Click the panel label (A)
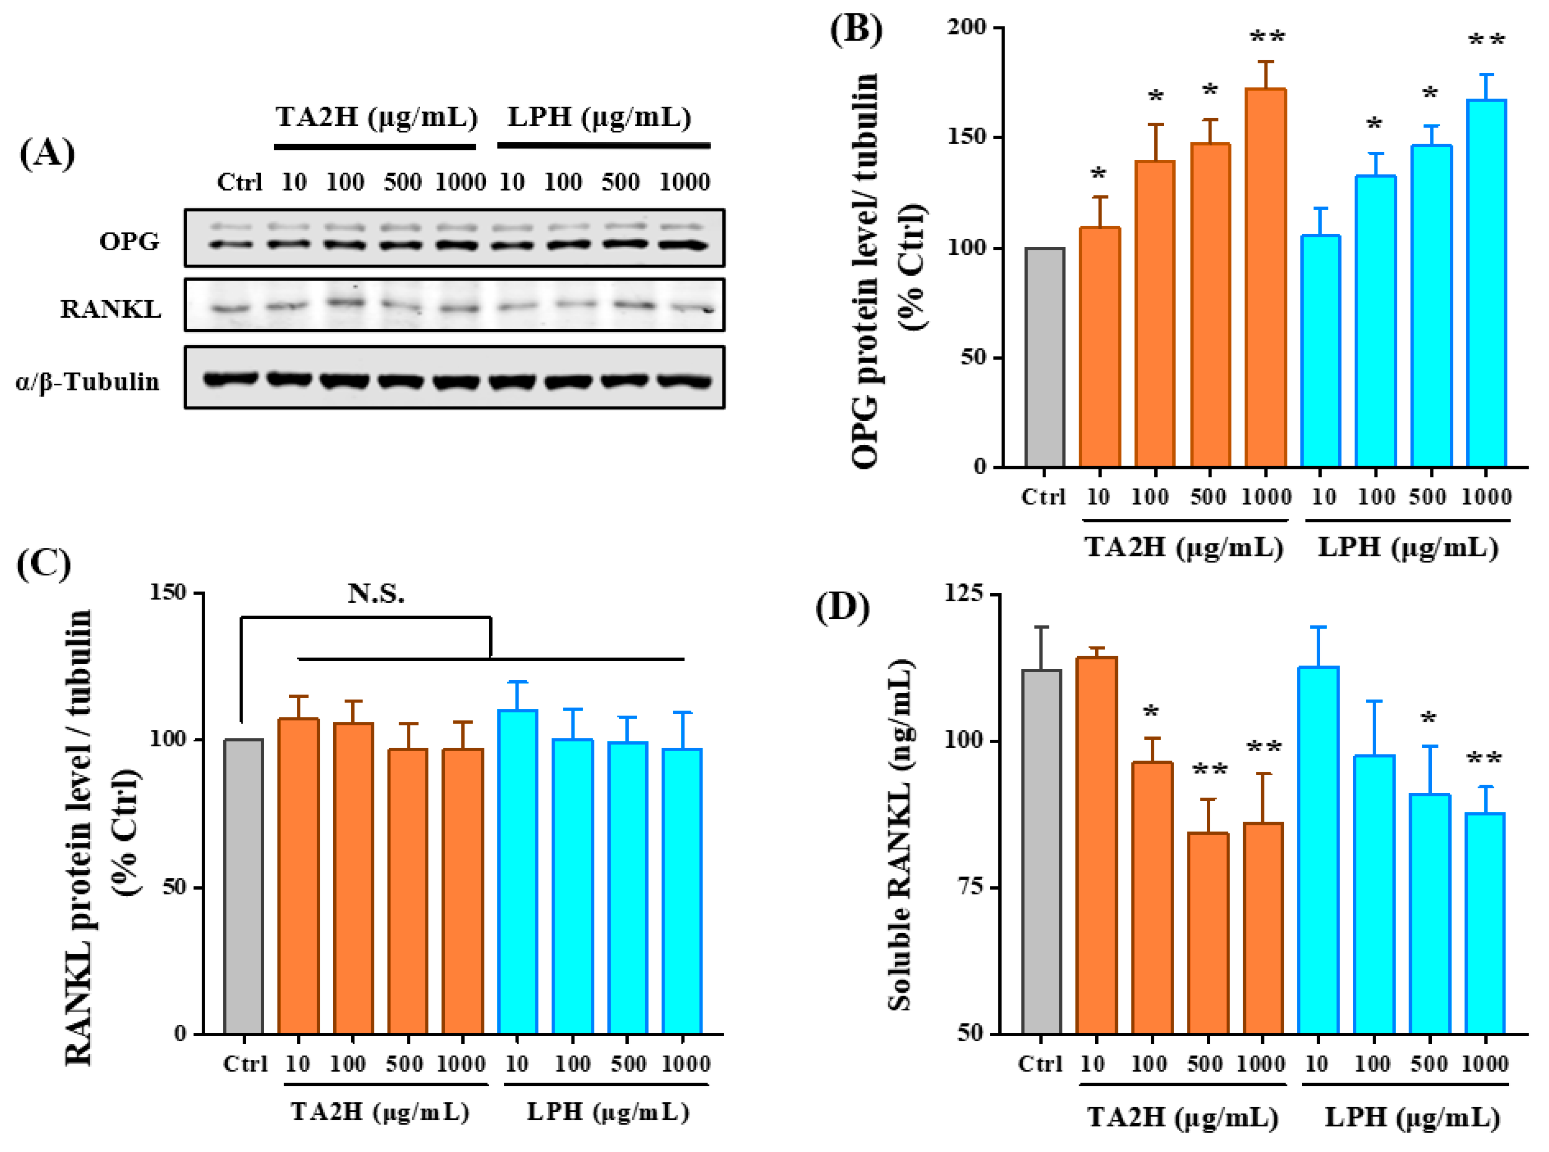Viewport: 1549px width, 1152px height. pos(47,152)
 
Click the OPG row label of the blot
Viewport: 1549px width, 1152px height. pos(129,241)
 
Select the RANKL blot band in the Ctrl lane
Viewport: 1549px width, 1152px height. pos(231,308)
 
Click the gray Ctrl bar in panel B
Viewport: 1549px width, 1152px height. pos(1044,357)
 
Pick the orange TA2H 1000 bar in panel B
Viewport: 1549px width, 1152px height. pos(1264,279)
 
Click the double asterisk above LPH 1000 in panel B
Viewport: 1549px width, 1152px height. pos(1486,41)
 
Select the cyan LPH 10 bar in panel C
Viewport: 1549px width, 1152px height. pos(517,872)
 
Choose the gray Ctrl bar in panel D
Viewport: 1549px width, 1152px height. pos(1041,851)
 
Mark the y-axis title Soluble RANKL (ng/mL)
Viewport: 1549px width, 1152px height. pos(900,833)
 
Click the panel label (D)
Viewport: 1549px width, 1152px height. pos(842,606)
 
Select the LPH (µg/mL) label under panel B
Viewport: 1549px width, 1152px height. pos(1408,547)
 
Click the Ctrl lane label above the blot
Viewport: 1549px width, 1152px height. pos(239,182)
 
